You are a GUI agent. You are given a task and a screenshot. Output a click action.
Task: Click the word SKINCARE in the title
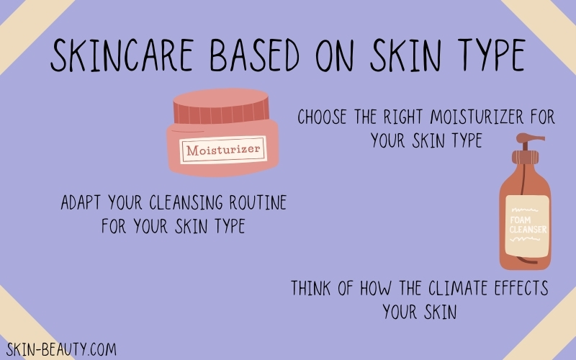coord(122,55)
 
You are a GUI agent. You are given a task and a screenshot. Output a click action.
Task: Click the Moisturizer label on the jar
coord(223,150)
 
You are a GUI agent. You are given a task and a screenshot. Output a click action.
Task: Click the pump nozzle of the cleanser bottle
coord(531,138)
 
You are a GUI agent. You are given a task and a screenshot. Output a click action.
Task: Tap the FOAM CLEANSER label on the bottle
coord(528,225)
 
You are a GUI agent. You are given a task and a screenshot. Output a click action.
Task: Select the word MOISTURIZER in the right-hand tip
coord(477,117)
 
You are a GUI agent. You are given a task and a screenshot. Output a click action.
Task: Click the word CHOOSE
coord(322,117)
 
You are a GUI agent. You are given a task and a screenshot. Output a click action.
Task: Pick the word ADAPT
coord(81,202)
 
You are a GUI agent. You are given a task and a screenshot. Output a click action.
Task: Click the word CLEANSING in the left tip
coord(186,202)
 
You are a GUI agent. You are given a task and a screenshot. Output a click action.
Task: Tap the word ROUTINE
coord(258,202)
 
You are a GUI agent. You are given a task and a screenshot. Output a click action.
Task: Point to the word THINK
coord(311,288)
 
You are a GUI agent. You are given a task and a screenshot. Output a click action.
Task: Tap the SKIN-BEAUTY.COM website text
coord(61,349)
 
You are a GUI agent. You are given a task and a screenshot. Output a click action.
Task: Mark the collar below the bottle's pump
coord(525,157)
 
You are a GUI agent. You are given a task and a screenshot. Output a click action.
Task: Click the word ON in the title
coord(334,55)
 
